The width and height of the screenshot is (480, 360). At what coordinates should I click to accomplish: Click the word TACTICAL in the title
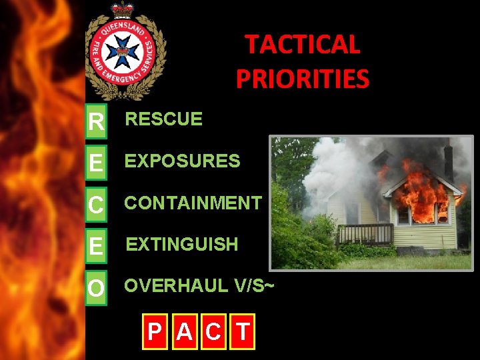[x=303, y=45]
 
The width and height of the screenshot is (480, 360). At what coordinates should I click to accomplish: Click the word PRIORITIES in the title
[x=302, y=78]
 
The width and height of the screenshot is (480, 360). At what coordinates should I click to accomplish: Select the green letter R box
[x=97, y=121]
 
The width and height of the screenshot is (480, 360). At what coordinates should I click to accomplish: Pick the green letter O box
[x=97, y=288]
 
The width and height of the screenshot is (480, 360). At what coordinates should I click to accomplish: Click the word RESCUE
[x=164, y=119]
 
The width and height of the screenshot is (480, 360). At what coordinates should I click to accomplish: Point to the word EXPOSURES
[x=183, y=161]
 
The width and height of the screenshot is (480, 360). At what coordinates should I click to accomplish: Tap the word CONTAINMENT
[x=193, y=203]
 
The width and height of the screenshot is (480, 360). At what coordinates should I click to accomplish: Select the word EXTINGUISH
[x=182, y=245]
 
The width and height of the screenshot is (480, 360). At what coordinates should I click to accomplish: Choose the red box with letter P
[x=154, y=331]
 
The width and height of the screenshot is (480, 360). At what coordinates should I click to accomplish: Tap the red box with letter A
[x=184, y=331]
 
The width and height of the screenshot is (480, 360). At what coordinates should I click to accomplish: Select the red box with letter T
[x=243, y=331]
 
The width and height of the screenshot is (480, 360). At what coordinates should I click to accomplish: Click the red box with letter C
[x=213, y=331]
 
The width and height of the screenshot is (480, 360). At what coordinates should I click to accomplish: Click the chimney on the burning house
[x=448, y=160]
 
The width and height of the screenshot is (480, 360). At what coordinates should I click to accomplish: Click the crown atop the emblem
[x=123, y=9]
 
